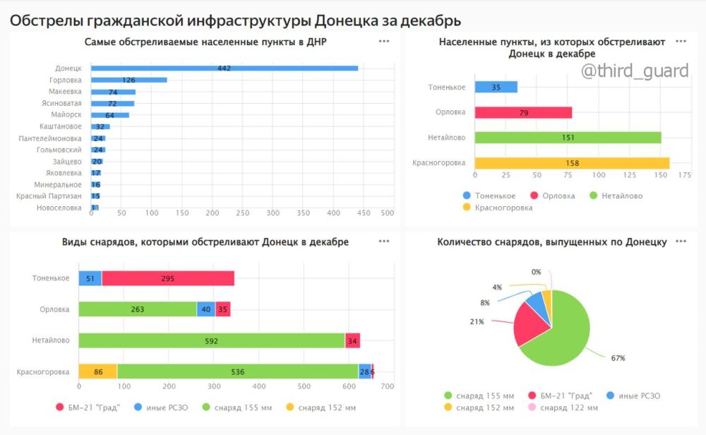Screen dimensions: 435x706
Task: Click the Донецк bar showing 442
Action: (x=225, y=68)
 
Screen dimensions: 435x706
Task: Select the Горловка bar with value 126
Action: (x=128, y=80)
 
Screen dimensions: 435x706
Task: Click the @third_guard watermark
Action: (x=634, y=71)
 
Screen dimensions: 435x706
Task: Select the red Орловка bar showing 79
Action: (x=523, y=112)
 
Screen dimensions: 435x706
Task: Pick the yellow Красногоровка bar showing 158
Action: (x=572, y=163)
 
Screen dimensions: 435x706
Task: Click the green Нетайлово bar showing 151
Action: (x=568, y=138)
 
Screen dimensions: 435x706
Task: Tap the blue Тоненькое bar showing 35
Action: (x=496, y=87)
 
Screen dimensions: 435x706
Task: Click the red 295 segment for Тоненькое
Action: (x=167, y=279)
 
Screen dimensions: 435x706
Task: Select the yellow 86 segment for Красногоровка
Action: (x=97, y=371)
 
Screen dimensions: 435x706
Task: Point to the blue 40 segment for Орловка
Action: (x=205, y=309)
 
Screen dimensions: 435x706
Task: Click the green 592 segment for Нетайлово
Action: (x=211, y=340)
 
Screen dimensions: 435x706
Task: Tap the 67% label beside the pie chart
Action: (x=618, y=358)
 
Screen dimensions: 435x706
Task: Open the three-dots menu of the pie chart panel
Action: (x=681, y=242)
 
